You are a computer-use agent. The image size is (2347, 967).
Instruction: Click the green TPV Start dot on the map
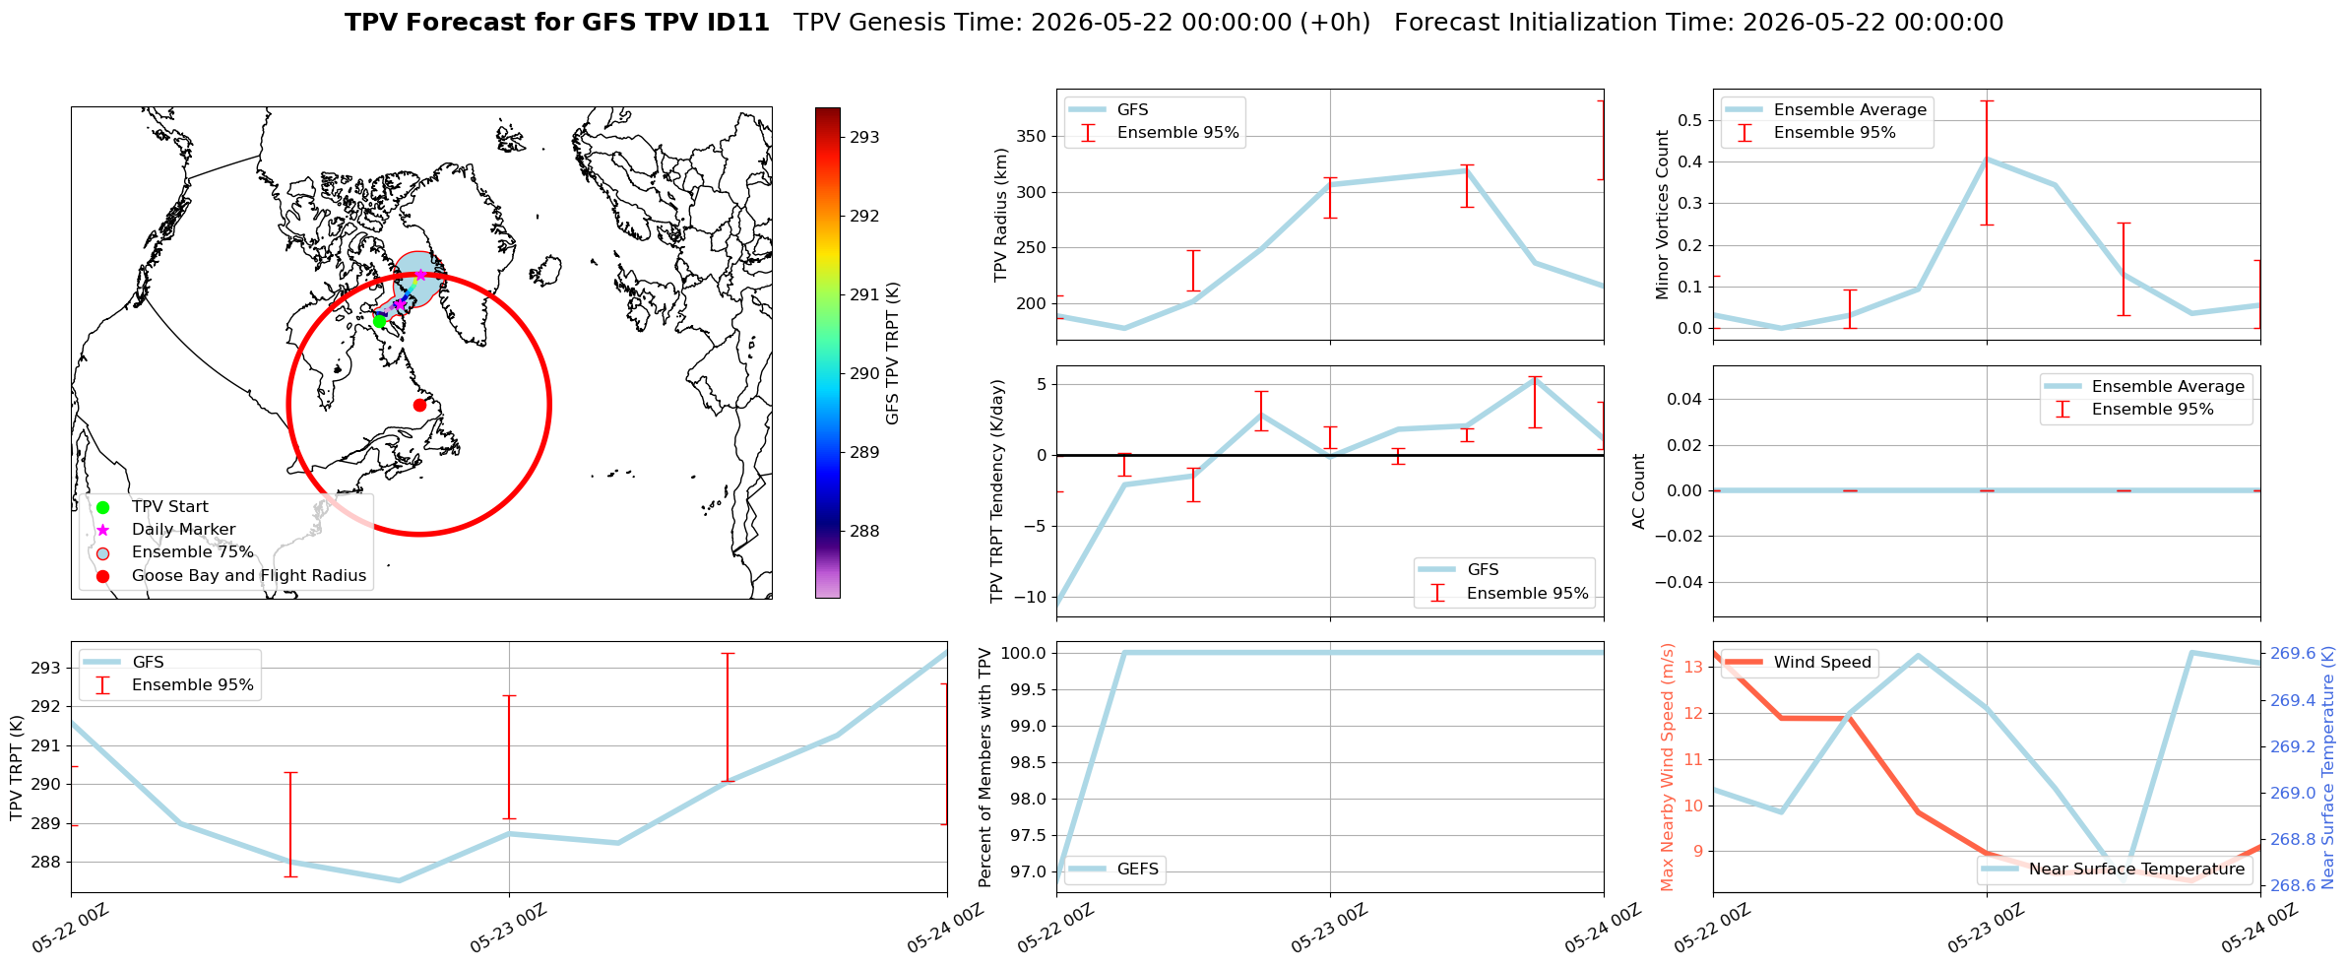380,321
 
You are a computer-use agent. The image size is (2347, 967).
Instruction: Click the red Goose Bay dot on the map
419,405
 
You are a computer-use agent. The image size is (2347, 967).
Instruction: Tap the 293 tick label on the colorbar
864,137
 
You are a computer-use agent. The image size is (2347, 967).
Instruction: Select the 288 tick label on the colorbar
864,531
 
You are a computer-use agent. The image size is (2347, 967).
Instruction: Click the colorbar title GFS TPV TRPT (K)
893,354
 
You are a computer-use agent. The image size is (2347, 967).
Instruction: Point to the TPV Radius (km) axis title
1001,215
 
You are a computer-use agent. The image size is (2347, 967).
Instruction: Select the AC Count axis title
1639,491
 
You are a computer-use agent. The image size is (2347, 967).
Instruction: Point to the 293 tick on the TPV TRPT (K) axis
46,668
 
